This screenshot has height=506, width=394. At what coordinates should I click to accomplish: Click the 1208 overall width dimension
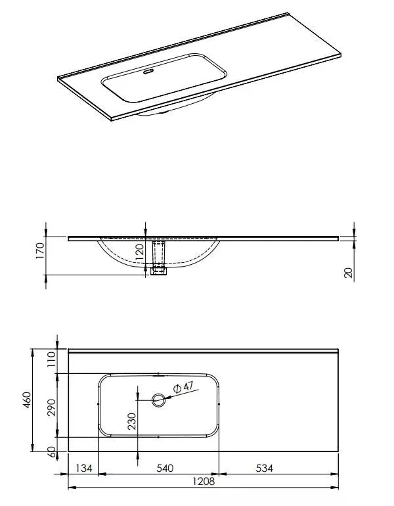(x=204, y=482)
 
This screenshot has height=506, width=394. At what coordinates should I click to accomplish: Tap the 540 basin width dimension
(x=165, y=468)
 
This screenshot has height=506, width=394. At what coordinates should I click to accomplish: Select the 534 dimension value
(x=265, y=468)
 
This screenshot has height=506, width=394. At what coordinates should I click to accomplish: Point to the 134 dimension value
(x=84, y=468)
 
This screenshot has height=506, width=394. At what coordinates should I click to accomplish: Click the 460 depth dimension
(x=27, y=400)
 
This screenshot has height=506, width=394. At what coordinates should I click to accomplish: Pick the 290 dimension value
(x=52, y=407)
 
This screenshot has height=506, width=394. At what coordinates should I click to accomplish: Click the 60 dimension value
(x=52, y=452)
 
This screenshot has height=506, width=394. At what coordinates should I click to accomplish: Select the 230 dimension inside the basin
(x=132, y=421)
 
